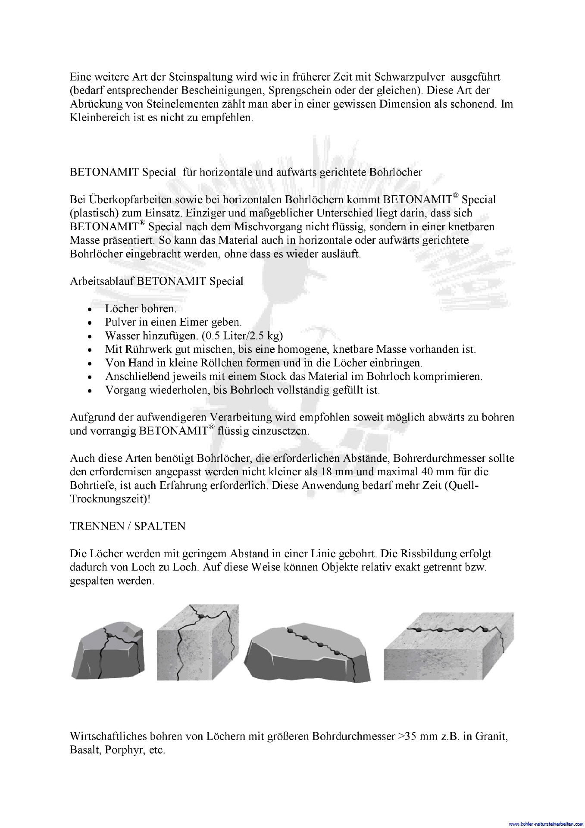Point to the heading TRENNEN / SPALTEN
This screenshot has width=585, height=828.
(x=128, y=526)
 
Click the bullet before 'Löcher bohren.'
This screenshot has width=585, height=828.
(x=89, y=310)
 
